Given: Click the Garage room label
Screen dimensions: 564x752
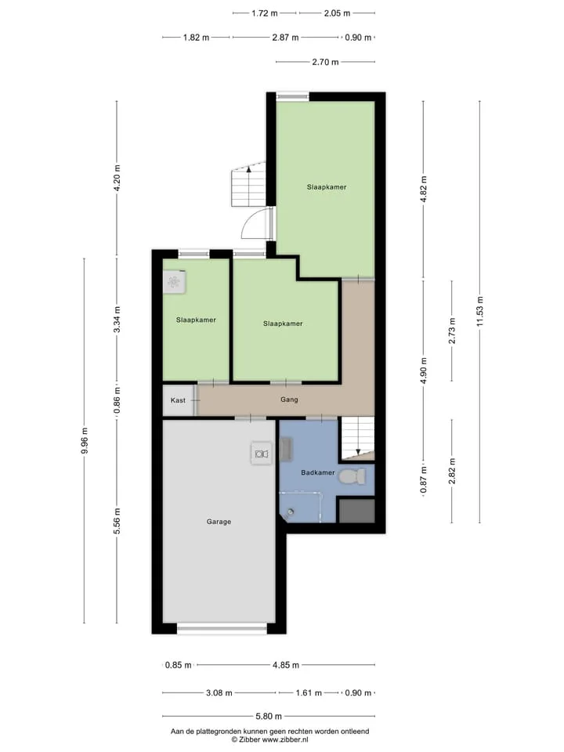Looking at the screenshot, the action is tap(219, 522).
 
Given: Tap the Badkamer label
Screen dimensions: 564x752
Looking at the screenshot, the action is tap(317, 472).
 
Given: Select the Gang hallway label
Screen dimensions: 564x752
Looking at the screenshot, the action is tap(289, 399).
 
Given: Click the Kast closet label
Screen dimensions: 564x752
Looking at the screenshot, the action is tap(178, 400).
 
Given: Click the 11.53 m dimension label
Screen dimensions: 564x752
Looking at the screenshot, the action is tap(479, 312).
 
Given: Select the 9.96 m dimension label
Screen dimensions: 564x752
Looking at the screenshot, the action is tap(85, 440).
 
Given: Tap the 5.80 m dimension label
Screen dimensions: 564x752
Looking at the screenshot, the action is tap(269, 716).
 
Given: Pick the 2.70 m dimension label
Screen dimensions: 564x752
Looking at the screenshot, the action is tap(325, 62).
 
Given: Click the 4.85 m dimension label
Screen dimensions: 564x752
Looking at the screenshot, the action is tap(286, 665).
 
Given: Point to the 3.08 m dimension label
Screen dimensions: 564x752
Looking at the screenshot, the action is tap(219, 692).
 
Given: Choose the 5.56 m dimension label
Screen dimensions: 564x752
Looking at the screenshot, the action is tap(117, 521).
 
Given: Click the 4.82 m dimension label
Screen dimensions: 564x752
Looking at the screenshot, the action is tap(423, 190).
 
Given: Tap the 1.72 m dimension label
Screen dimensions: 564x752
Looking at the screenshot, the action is tap(265, 13).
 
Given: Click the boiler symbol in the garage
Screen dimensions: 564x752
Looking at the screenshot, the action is tap(261, 454).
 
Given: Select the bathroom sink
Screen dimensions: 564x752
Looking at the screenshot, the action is tap(287, 449).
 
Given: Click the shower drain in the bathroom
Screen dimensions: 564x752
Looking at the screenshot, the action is tap(291, 512).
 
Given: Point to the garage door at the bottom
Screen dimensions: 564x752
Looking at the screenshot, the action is tap(222, 628).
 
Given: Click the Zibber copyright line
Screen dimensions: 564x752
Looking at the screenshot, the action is tap(270, 739).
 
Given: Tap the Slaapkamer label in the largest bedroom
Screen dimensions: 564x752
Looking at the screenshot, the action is tap(327, 187).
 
